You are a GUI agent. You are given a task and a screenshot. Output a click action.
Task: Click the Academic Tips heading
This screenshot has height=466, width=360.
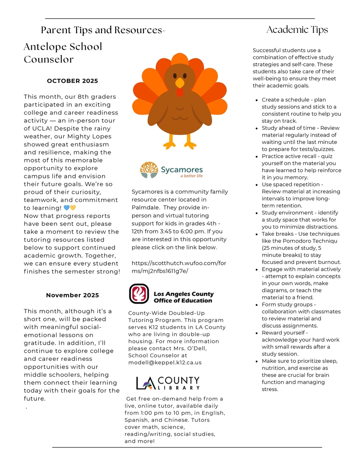[297, 30]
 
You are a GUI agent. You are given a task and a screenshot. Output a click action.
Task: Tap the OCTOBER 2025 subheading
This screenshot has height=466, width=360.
[72, 81]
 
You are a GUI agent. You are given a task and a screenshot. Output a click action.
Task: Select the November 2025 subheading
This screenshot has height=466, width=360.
[72, 295]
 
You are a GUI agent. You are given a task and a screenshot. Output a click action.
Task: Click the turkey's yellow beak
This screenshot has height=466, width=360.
[180, 83]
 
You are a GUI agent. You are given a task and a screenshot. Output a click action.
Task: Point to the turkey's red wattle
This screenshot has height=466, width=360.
[180, 92]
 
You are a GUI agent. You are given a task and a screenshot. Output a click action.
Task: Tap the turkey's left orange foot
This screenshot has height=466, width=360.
[170, 144]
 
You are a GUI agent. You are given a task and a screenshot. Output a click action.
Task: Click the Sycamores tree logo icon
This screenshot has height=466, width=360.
[149, 170]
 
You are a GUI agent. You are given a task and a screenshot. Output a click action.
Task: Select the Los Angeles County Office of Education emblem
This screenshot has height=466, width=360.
[139, 294]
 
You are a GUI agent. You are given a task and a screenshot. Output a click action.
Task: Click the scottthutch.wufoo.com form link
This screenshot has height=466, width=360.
[178, 267]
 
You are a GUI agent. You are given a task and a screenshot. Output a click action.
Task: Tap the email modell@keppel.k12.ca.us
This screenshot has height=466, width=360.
[165, 363]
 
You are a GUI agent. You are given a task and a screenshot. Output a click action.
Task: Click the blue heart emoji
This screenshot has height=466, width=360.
[66, 208]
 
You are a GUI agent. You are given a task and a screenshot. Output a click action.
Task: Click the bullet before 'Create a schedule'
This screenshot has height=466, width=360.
[258, 100]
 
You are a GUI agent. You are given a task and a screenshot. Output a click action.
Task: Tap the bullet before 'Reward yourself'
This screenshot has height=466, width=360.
[258, 333]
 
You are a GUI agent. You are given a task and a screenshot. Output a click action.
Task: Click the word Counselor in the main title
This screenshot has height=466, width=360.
[49, 60]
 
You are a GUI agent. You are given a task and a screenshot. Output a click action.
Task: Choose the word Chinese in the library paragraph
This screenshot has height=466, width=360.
[185, 420]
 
